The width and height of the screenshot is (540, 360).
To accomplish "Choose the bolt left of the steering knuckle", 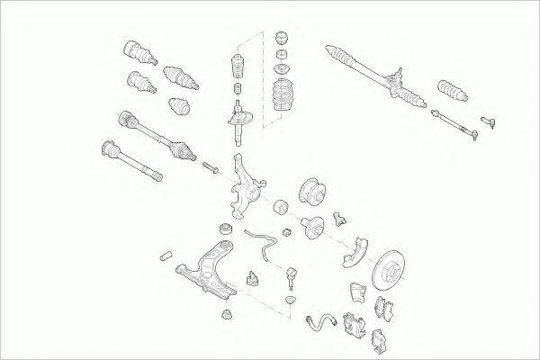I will (x=211, y=167).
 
